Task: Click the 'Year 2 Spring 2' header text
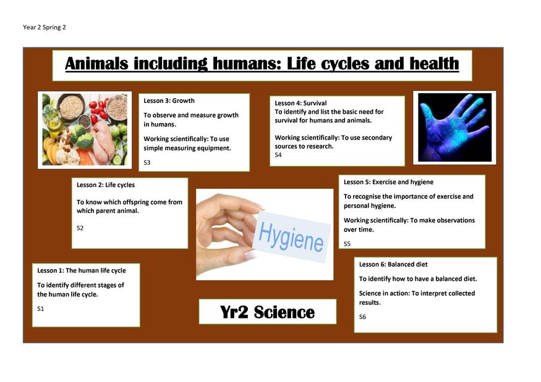click(x=44, y=27)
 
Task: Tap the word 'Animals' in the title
click(x=96, y=64)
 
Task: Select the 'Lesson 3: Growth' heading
click(x=169, y=101)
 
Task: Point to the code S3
click(x=147, y=162)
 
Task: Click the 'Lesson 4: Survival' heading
click(x=300, y=103)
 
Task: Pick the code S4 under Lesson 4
click(x=278, y=155)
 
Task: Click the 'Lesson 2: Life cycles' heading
click(x=106, y=185)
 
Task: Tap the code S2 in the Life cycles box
click(x=80, y=228)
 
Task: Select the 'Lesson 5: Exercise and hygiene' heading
click(x=388, y=182)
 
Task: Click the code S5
click(x=347, y=244)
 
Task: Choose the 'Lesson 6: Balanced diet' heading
click(x=393, y=264)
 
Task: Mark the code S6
click(x=362, y=317)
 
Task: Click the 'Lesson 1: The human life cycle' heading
click(x=82, y=270)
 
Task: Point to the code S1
click(x=41, y=309)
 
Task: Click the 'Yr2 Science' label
click(x=267, y=312)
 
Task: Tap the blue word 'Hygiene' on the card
click(x=291, y=237)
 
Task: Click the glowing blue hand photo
click(x=454, y=128)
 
